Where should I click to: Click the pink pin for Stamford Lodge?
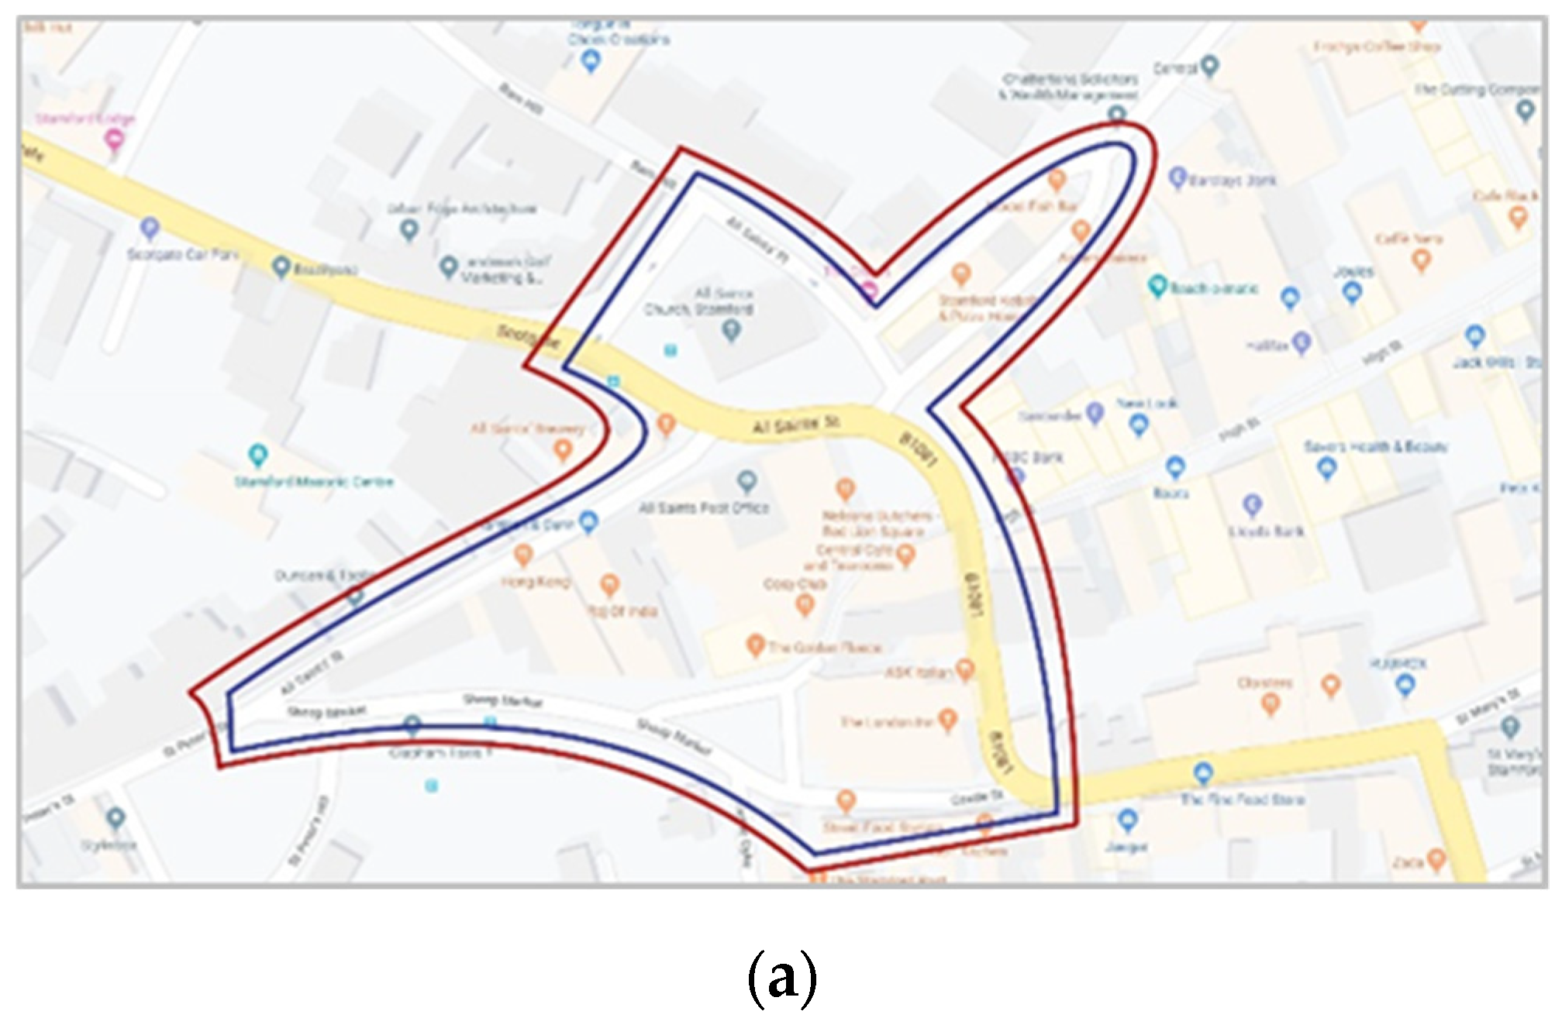pos(114,140)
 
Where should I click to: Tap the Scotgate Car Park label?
pos(183,254)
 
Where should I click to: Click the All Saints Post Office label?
pos(703,508)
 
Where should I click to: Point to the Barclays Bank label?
pos(1233,181)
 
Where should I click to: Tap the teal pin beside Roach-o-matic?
pos(1157,286)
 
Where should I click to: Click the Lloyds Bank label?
pos(1267,531)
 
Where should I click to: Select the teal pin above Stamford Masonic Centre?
pos(257,455)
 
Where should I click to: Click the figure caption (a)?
pos(781,978)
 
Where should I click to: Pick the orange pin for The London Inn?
pos(947,720)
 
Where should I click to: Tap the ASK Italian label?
pos(919,672)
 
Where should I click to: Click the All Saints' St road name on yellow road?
pos(796,425)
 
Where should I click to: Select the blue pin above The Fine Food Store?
pos(1203,772)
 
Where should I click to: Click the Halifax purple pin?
pos(1302,342)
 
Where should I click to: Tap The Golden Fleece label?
pos(825,647)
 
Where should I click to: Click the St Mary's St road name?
pos(1488,707)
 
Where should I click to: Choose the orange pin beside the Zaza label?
pos(1436,858)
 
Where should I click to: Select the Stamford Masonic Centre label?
pos(314,482)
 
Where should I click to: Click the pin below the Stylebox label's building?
pos(116,817)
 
